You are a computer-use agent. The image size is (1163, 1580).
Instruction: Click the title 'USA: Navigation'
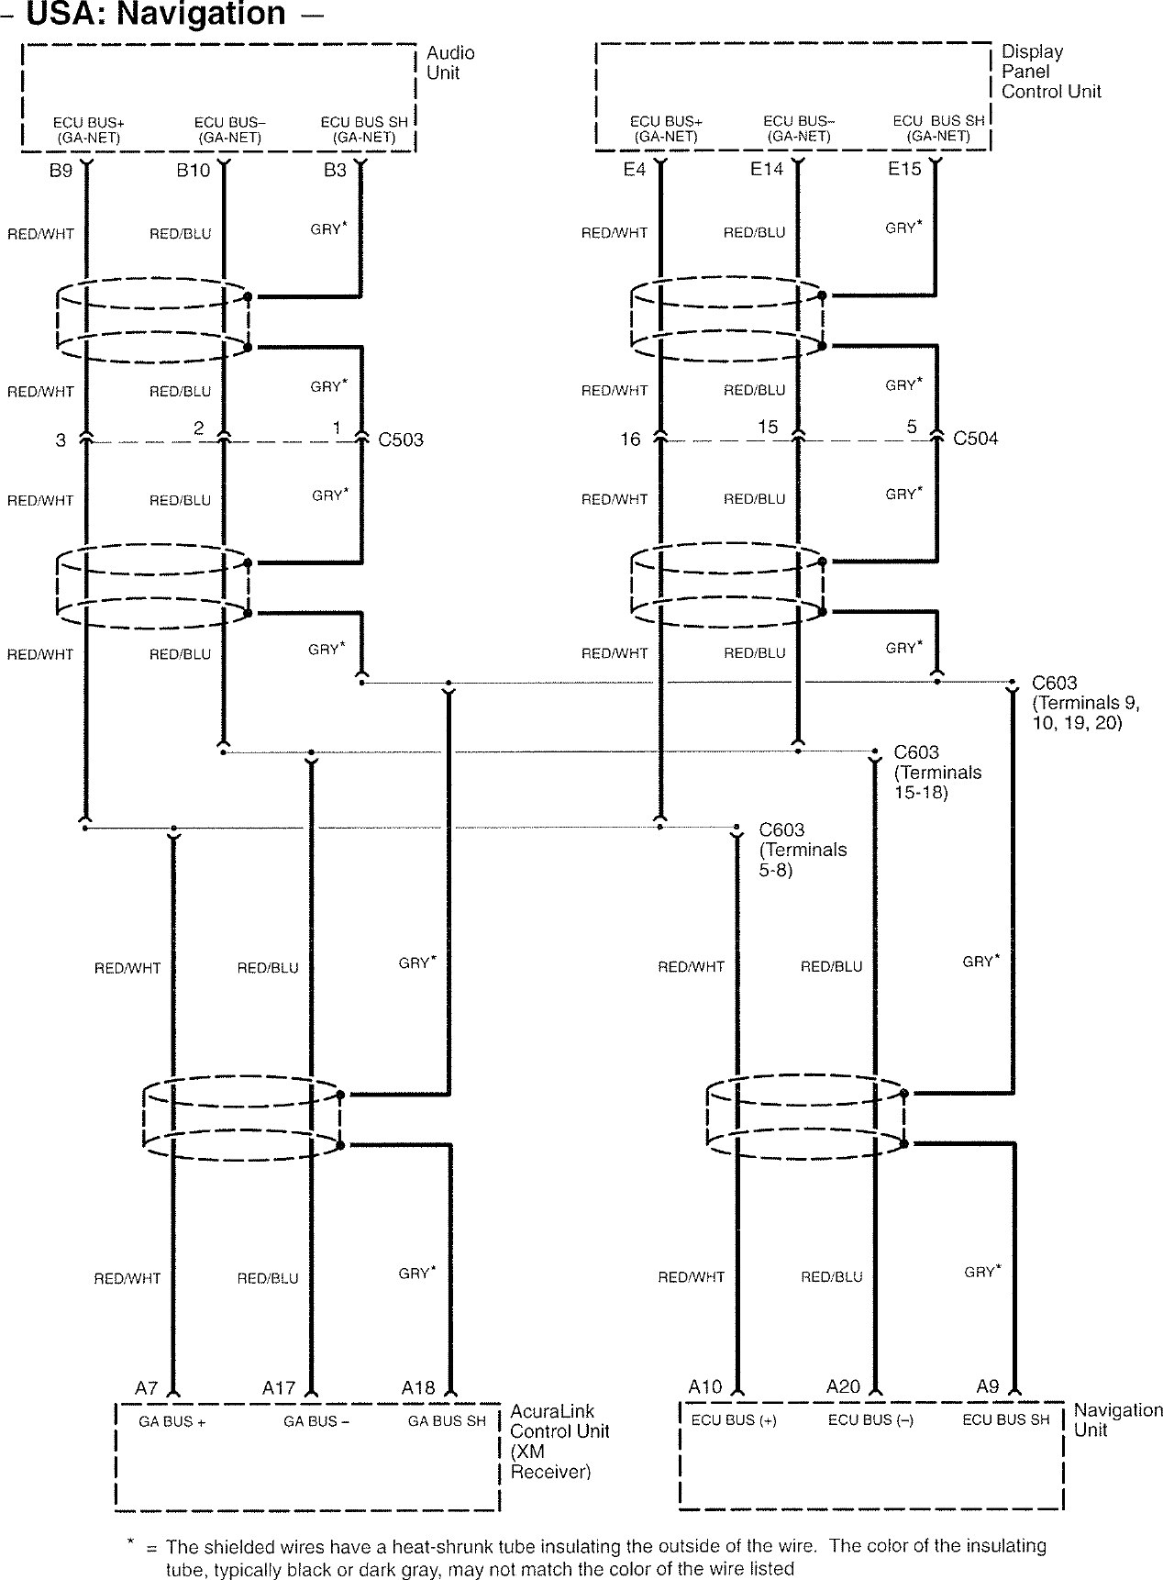[156, 15]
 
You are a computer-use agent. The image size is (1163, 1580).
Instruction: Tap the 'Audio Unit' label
[450, 62]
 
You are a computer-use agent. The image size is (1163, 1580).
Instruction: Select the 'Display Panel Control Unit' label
[1050, 72]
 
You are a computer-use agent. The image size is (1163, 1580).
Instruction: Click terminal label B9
[61, 171]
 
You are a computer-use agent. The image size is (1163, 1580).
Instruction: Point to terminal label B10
[194, 171]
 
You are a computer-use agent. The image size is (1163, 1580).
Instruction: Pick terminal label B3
[335, 171]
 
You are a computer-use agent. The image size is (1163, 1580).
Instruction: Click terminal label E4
[634, 170]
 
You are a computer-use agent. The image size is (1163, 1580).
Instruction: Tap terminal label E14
[767, 170]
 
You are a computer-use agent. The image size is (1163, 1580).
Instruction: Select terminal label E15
[904, 170]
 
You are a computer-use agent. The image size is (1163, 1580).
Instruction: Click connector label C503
[401, 440]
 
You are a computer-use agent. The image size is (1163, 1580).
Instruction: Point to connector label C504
[975, 439]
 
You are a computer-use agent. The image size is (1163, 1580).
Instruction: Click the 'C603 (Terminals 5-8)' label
[803, 850]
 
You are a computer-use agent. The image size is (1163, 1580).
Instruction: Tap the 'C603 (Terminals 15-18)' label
[937, 772]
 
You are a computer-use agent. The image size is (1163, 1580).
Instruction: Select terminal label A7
[147, 1388]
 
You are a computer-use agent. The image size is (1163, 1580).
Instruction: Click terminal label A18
[418, 1388]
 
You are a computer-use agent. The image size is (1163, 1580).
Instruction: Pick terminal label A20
[843, 1386]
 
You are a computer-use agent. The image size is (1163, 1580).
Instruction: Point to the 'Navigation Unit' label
[1117, 1419]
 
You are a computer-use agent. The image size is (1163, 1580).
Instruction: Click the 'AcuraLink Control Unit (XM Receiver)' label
[559, 1441]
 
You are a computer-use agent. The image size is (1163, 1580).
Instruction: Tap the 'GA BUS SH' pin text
[447, 1421]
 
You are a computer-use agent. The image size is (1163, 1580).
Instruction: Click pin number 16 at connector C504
[630, 440]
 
